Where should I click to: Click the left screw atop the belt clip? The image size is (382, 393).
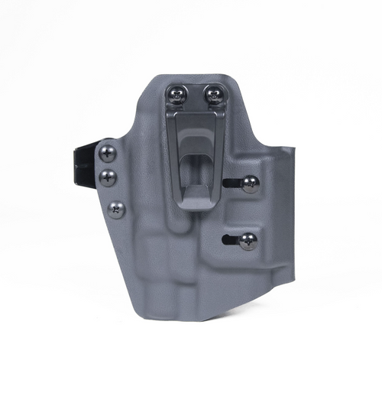pos(177,95)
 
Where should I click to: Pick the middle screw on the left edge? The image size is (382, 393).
pos(109,177)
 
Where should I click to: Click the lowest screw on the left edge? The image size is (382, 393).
pos(116,208)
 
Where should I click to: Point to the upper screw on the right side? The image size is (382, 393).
pos(250,184)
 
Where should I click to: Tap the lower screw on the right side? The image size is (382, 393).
pos(248,241)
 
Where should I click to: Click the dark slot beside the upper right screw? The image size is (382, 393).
pos(232,182)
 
